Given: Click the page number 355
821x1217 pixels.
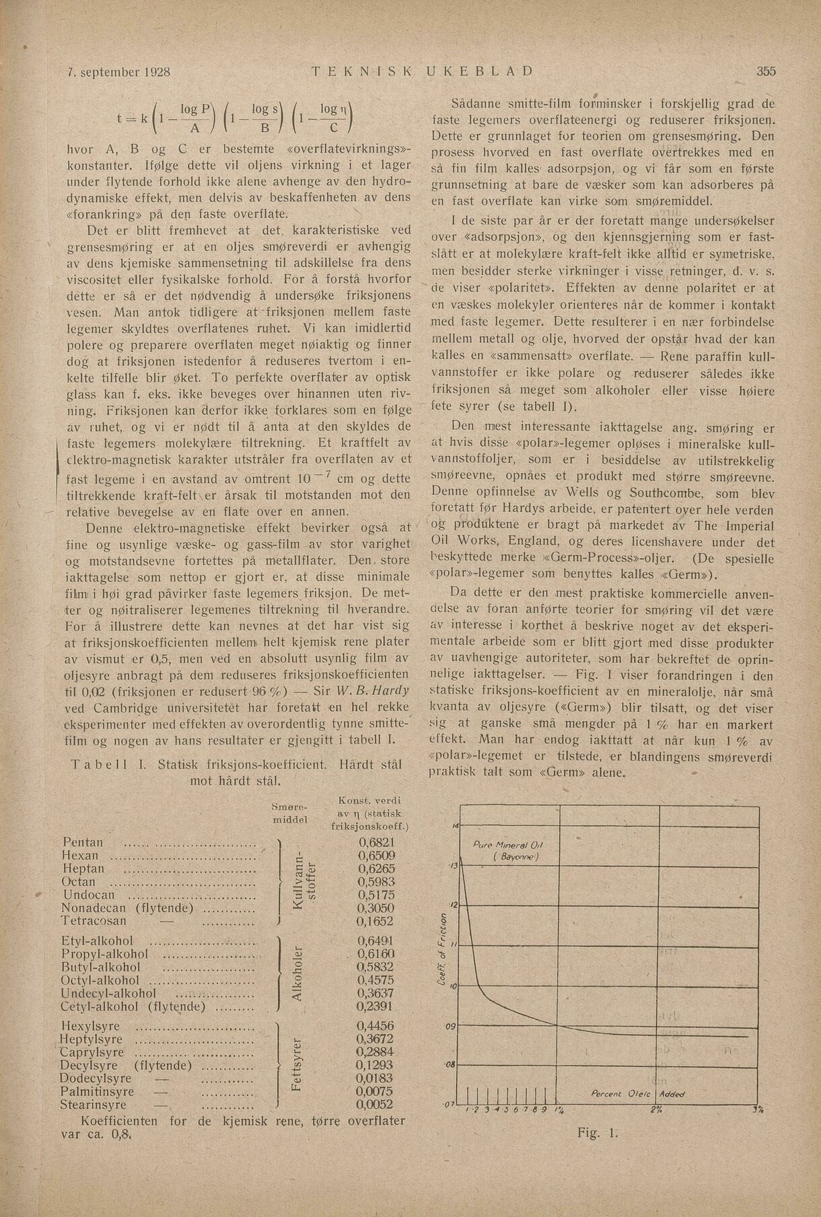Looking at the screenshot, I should [x=766, y=71].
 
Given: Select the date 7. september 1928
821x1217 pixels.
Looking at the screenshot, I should [x=119, y=71].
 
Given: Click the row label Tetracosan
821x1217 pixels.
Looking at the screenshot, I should [x=94, y=921].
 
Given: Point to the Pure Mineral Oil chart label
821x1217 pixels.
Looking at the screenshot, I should [x=508, y=846].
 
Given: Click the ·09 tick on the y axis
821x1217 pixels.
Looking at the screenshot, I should [x=450, y=1026].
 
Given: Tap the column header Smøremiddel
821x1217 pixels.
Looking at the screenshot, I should [x=288, y=813].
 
